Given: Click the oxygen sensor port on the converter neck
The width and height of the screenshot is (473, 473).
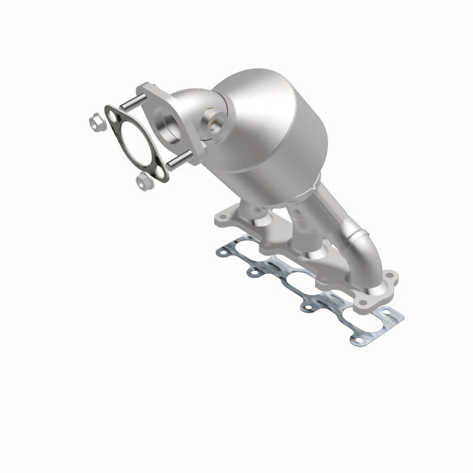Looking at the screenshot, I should [213, 123].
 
